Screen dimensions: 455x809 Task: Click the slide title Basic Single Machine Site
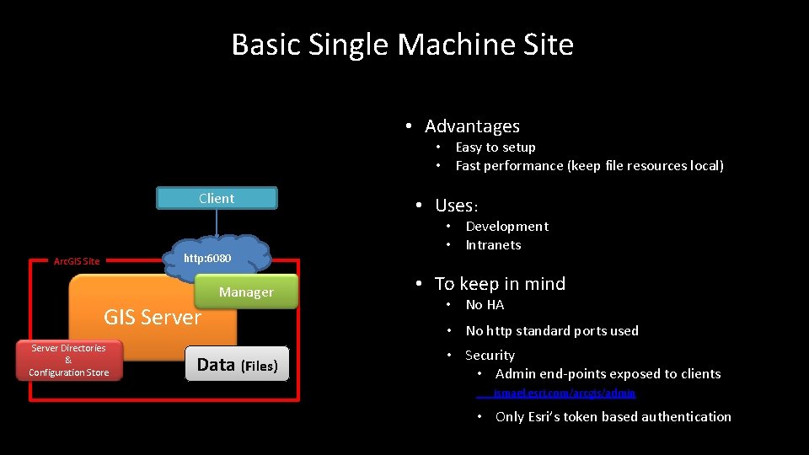click(x=403, y=45)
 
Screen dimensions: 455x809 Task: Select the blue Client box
click(x=217, y=199)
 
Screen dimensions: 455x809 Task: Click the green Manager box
click(x=246, y=292)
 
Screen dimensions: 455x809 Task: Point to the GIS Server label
click(x=152, y=318)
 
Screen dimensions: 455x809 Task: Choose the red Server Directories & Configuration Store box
click(x=68, y=361)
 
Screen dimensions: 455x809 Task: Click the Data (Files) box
click(x=237, y=365)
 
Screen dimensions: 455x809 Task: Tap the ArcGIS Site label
click(x=77, y=261)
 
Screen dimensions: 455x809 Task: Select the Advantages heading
click(x=472, y=126)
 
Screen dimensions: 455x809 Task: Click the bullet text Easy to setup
click(x=496, y=147)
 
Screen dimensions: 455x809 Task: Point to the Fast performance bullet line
click(x=589, y=166)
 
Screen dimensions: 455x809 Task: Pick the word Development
click(x=506, y=227)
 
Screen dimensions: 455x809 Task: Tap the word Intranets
click(x=493, y=245)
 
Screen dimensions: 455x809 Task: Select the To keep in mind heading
click(x=500, y=284)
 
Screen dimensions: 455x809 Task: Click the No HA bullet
click(x=485, y=305)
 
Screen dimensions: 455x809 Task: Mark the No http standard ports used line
click(x=552, y=331)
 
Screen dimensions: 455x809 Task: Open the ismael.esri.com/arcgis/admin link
click(x=565, y=393)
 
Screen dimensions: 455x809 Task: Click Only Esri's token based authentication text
click(x=613, y=417)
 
